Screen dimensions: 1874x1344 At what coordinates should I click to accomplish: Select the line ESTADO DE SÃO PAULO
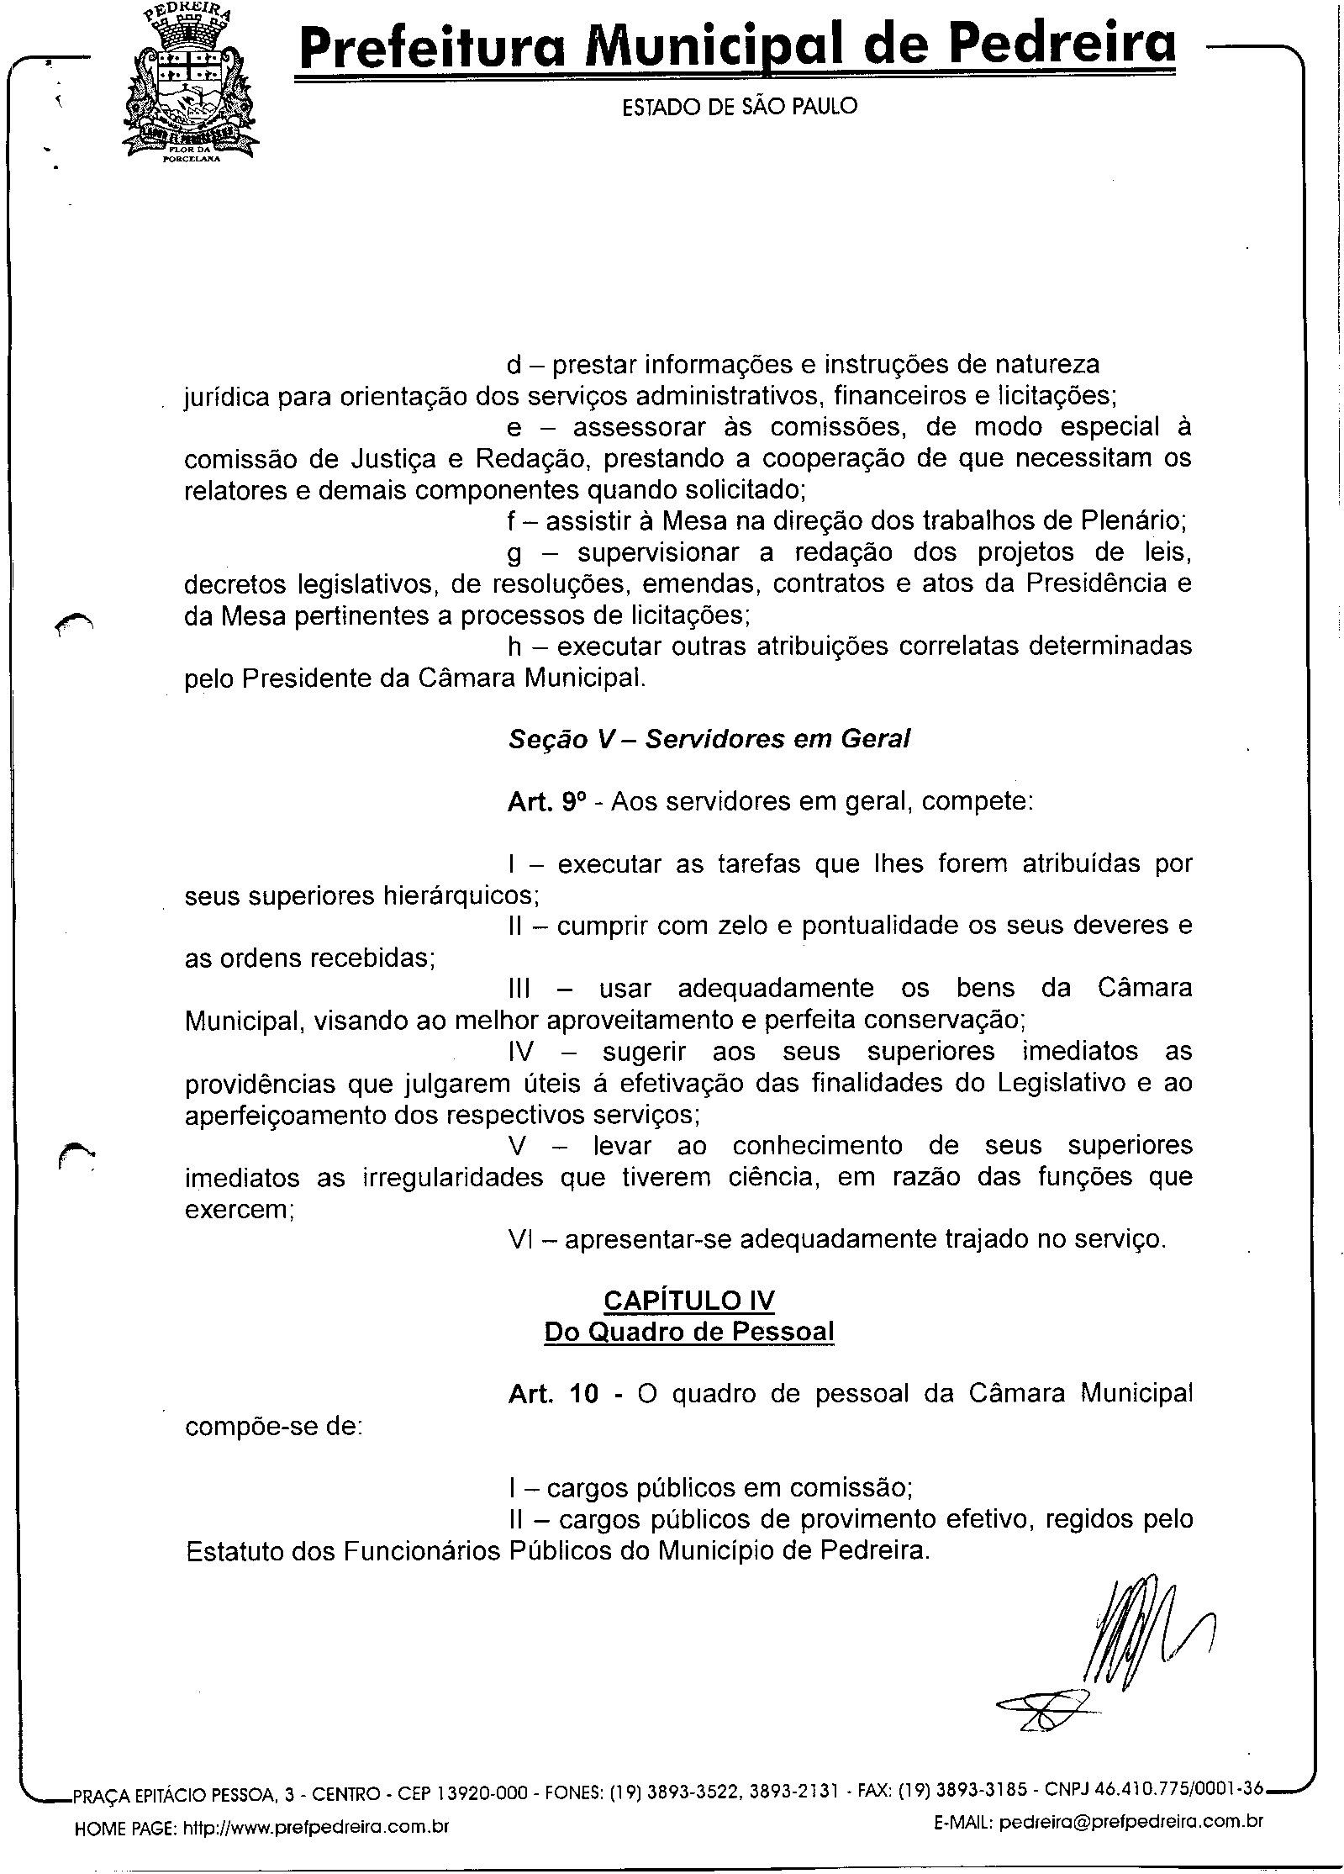click(x=739, y=107)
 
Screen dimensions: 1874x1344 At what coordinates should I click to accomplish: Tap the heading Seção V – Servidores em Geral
click(x=709, y=738)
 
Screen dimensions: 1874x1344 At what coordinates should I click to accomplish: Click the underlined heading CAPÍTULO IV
click(x=688, y=1301)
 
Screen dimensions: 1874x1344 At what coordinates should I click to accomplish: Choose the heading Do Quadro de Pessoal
click(x=688, y=1332)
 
